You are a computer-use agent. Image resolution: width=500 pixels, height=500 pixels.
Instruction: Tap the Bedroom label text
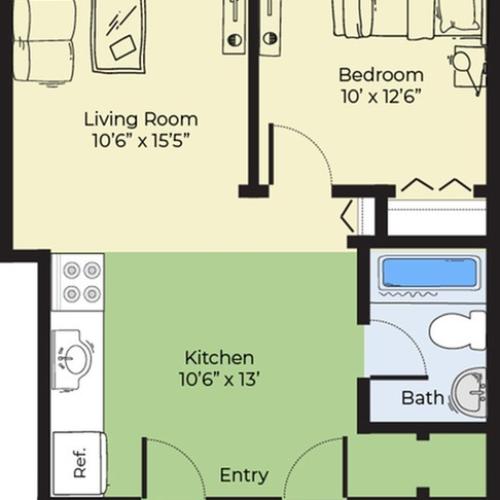click(x=380, y=75)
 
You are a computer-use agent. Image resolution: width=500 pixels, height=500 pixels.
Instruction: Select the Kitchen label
click(x=219, y=357)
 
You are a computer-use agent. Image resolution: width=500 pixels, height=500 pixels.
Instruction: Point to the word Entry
click(x=243, y=475)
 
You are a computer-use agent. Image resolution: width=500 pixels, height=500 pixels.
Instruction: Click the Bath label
click(x=422, y=398)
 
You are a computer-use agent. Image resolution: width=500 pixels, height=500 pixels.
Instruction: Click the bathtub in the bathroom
click(x=427, y=273)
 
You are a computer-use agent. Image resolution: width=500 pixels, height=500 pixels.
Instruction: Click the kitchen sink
click(x=75, y=356)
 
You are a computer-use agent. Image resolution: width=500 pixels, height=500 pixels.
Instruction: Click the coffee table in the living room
click(x=118, y=35)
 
